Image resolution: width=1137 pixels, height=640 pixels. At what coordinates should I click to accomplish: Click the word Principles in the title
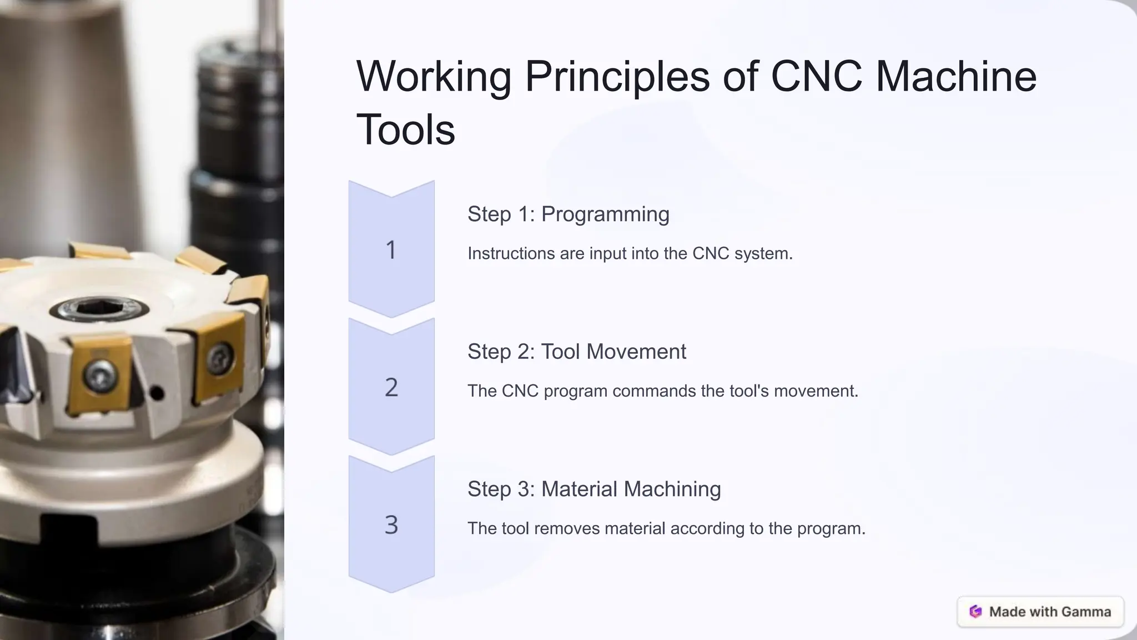pos(617,77)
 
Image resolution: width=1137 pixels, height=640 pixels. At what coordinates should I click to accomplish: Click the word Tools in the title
pos(405,130)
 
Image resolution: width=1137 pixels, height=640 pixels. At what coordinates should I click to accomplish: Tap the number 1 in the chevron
pos(391,250)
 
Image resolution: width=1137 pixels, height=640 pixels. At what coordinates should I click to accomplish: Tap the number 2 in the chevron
pos(391,387)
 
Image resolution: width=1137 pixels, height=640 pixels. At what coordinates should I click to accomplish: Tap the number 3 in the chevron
pos(391,524)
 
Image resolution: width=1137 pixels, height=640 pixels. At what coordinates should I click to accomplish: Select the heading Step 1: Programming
pos(568,214)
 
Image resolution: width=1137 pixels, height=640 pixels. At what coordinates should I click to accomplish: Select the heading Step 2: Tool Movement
pos(576,352)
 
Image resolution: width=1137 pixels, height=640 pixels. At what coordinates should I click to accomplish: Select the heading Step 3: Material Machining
pos(593,489)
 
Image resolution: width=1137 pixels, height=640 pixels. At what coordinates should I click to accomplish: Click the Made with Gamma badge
pos(1040,612)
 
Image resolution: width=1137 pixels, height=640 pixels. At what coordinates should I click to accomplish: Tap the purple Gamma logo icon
pos(975,612)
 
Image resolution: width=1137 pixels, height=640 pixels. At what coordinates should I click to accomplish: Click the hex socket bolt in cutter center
pos(99,308)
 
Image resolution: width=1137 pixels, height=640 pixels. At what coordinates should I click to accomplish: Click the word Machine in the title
pos(955,77)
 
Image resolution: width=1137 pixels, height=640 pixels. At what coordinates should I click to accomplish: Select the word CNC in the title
pos(816,77)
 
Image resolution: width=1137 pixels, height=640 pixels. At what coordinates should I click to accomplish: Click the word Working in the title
pos(433,77)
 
